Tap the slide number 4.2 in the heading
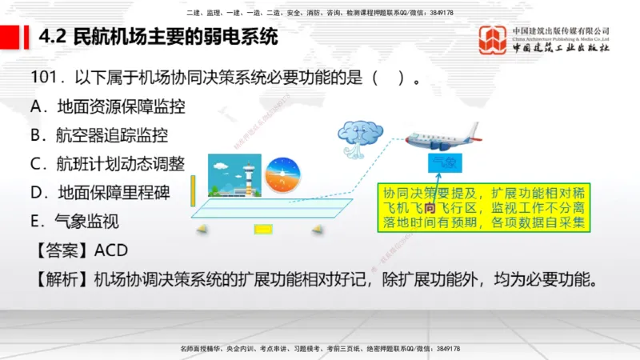coord(53,37)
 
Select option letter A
coord(36,106)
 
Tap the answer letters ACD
coord(110,250)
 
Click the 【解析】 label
coord(61,280)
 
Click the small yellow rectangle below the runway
coord(263,230)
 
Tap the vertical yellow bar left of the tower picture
coord(193,191)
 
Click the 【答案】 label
coord(61,250)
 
